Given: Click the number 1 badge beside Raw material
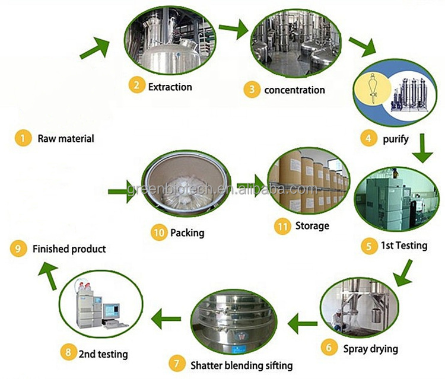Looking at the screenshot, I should click(22, 139).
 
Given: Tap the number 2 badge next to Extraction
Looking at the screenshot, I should click(136, 87).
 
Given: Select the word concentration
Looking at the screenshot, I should click(294, 90).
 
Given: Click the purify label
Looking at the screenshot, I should click(395, 139).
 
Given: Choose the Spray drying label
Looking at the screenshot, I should click(370, 348).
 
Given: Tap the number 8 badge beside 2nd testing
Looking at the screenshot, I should click(68, 354).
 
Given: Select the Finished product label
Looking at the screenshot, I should click(69, 249).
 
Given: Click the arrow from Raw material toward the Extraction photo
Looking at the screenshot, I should click(96, 47).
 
